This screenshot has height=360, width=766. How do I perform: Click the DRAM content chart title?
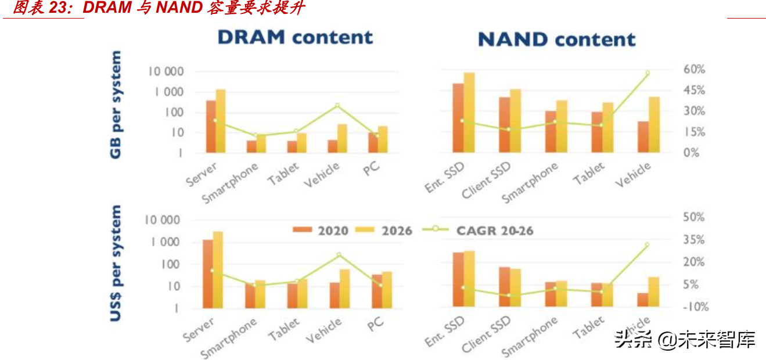point(295,37)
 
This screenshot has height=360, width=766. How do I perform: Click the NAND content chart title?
point(556,39)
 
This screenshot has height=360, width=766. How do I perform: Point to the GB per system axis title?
point(116,105)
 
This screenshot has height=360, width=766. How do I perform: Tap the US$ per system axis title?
point(116,263)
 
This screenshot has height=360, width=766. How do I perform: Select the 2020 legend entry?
point(321,231)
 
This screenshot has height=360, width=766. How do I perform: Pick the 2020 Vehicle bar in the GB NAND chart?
point(643,137)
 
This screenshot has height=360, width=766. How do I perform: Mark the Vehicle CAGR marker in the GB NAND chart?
point(648,73)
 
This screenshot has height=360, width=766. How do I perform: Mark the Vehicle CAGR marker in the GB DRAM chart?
point(337,106)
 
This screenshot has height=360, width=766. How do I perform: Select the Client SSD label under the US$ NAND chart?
point(486,334)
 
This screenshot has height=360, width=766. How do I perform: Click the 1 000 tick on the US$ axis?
point(166,242)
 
